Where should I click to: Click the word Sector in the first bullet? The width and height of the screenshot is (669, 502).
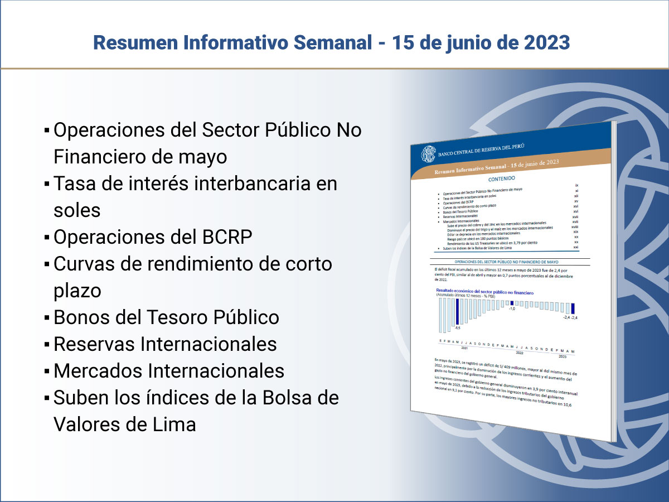(x=230, y=131)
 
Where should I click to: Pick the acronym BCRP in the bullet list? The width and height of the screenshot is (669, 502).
(x=225, y=237)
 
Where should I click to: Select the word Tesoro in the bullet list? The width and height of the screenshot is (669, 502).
(x=177, y=317)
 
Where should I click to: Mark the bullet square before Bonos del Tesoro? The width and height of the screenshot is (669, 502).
(x=47, y=318)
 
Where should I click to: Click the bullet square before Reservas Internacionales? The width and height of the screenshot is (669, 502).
(x=47, y=345)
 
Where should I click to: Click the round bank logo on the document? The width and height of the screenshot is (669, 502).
(x=429, y=153)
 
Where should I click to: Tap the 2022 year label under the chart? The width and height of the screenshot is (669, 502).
(x=519, y=353)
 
